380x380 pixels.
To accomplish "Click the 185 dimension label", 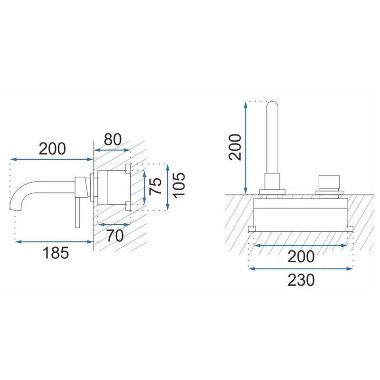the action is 56,253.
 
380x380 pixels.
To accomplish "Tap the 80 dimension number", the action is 113,139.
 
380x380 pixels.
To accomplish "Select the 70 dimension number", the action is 115,236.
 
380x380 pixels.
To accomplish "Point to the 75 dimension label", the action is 156,186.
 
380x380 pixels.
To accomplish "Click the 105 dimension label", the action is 180,185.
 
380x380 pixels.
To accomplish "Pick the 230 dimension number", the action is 301,280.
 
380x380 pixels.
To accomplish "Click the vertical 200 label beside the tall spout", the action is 235,147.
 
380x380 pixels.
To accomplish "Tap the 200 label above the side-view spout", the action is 52,149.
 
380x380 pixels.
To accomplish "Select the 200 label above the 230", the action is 301,256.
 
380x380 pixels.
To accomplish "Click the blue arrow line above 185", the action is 54,242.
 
